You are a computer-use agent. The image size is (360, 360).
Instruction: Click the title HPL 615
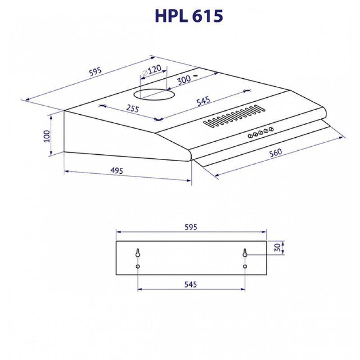189,16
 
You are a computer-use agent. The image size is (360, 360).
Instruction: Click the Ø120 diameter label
152,70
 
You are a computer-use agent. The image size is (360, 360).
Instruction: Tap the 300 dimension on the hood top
184,80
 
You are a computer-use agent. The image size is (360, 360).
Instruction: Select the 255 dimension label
132,108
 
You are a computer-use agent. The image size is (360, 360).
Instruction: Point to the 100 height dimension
47,136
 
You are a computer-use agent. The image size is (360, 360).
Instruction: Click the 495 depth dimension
117,171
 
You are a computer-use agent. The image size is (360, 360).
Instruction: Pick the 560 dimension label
275,153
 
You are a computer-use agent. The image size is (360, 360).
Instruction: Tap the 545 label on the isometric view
203,101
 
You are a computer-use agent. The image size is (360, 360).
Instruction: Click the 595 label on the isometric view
95,72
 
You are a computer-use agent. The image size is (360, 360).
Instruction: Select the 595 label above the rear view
191,227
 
